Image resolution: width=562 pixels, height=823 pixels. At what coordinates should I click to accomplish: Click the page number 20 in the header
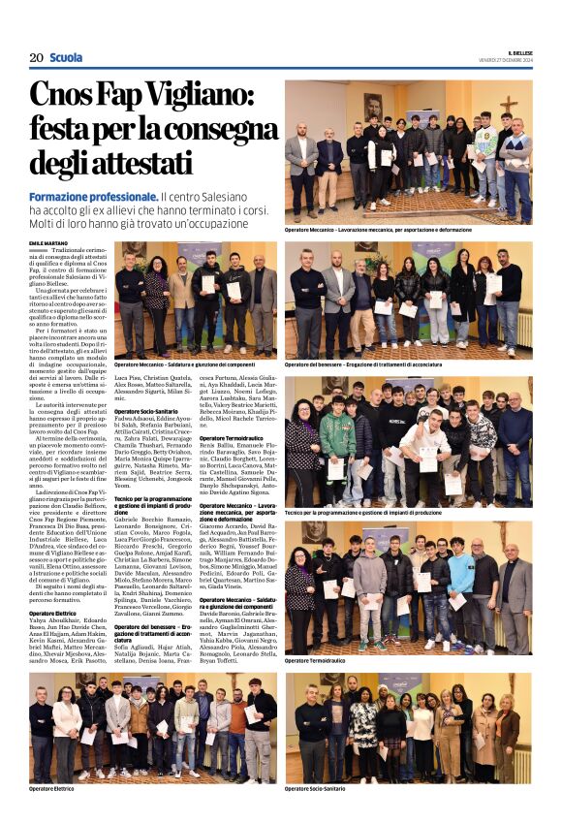tap(36, 57)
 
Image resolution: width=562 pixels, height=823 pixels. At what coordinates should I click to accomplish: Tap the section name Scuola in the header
tap(66, 57)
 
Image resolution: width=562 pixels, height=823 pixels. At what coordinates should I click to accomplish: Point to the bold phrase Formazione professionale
tap(93, 197)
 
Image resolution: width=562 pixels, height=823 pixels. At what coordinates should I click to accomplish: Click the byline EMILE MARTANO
tap(49, 242)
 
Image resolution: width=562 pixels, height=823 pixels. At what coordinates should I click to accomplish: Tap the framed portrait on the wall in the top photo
tap(373, 106)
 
